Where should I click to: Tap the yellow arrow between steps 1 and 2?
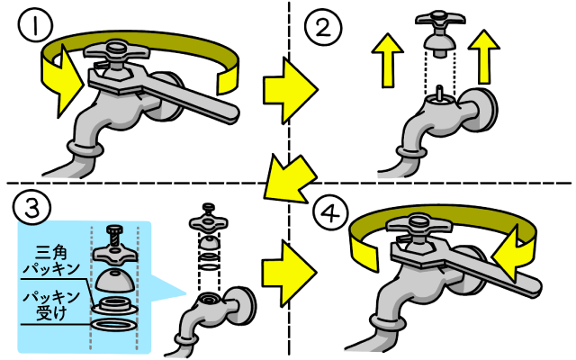click(x=290, y=88)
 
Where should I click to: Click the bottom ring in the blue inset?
click(x=115, y=326)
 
